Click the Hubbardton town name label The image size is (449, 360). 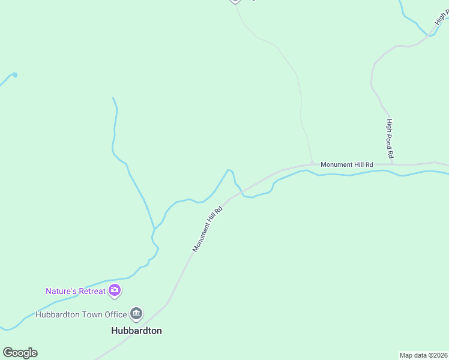pos(136,331)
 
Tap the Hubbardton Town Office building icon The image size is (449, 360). pos(136,314)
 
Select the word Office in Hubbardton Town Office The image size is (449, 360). pos(114,314)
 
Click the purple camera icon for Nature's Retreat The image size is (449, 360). pos(115,292)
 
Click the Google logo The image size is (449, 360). pos(20,353)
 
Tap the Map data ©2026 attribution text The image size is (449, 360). pos(424,355)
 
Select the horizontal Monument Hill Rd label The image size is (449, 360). pos(346,164)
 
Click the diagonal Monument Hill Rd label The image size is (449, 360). pos(208,229)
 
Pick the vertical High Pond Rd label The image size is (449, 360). pos(390,139)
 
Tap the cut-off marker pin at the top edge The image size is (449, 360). pos(235,1)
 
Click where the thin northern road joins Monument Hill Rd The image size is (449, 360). pos(312,163)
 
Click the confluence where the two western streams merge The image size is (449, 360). pos(154,229)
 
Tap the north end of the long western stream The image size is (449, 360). pos(113,98)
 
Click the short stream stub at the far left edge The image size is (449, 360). pos(8,78)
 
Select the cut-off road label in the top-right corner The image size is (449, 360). pos(443,19)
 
